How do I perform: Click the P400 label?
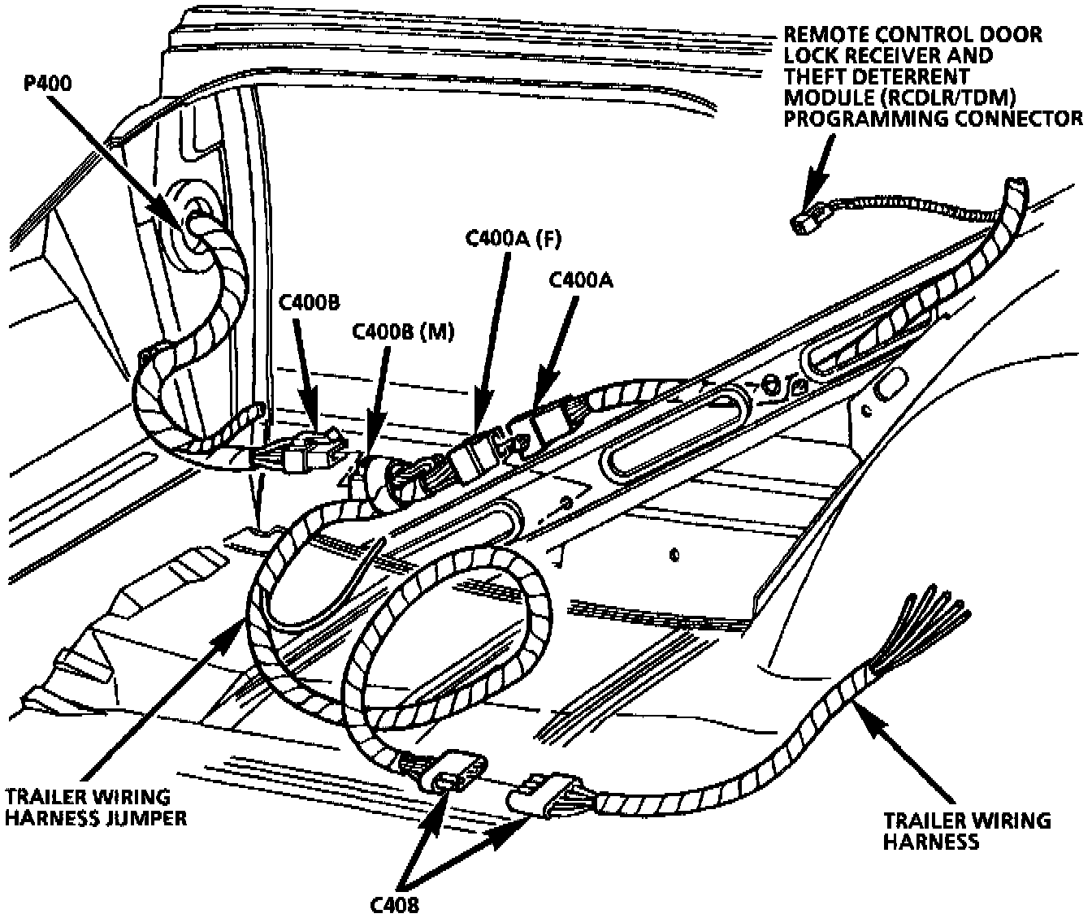click(47, 84)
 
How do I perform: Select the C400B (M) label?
click(403, 332)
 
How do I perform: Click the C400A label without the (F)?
click(581, 280)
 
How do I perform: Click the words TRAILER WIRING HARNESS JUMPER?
click(96, 807)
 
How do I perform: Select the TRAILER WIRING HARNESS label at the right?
click(966, 830)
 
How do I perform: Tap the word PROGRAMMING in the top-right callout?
click(854, 119)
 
